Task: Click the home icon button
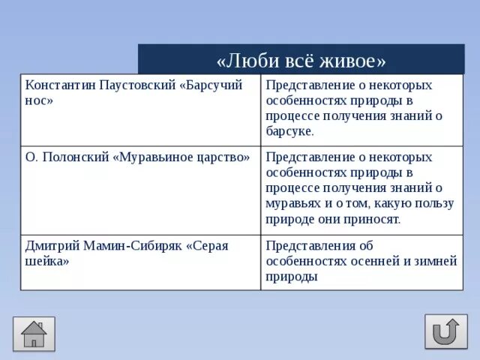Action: [x=34, y=334]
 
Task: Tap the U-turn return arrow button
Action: [x=445, y=331]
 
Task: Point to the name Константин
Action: [x=57, y=85]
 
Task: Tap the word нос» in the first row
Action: [x=39, y=100]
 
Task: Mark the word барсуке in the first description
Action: [x=289, y=130]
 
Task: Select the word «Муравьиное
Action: [x=151, y=157]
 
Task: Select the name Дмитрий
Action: [x=50, y=245]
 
